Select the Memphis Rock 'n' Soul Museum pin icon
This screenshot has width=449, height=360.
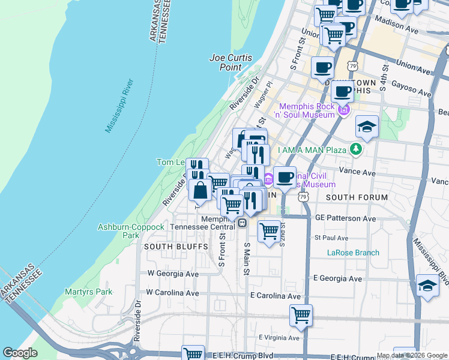(x=344, y=110)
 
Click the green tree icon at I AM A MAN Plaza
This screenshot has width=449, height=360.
(x=357, y=148)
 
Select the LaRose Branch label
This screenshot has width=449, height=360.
(x=353, y=253)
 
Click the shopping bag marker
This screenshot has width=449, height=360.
(x=200, y=190)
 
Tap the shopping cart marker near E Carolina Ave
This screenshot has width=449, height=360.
(x=301, y=315)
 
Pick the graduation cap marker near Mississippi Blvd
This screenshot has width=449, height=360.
(x=427, y=286)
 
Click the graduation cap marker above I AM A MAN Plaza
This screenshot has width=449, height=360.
(x=367, y=127)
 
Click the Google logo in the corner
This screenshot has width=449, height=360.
(x=20, y=353)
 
